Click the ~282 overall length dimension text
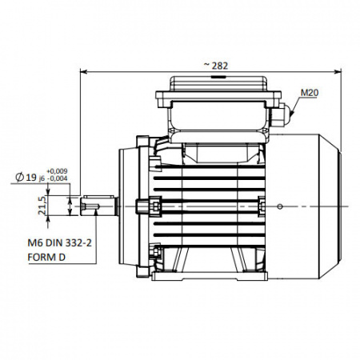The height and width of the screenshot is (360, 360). [216, 66]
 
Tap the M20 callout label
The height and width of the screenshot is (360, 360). [310, 93]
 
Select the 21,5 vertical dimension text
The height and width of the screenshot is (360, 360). [42, 206]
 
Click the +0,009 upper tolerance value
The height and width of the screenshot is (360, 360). [57, 171]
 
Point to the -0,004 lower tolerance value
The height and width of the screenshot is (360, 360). [57, 178]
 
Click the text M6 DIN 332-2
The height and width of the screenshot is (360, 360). [60, 243]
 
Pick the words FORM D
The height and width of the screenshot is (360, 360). [46, 258]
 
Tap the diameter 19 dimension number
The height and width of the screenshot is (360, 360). [31, 177]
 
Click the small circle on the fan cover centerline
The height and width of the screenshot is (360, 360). [280, 206]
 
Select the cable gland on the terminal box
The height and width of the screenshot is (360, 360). [282, 115]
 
